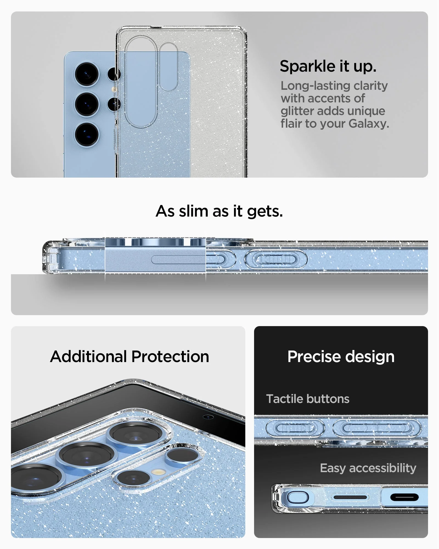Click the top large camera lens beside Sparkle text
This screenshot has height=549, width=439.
click(x=87, y=74)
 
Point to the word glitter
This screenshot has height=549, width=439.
click(x=297, y=111)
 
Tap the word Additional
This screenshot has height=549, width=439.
click(x=89, y=357)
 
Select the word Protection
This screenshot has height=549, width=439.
click(x=170, y=357)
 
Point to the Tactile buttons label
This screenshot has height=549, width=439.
click(x=308, y=399)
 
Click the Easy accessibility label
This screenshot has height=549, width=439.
click(x=368, y=468)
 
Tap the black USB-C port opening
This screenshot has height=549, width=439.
click(x=404, y=497)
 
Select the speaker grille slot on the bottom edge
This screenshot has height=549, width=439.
click(x=350, y=497)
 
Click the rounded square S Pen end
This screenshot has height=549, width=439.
click(x=297, y=497)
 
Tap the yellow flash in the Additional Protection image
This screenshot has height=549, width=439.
click(x=159, y=472)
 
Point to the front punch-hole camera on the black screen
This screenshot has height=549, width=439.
click(x=208, y=417)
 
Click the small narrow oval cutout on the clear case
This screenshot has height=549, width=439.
click(x=168, y=67)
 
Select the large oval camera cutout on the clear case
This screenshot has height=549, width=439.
click(x=141, y=82)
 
